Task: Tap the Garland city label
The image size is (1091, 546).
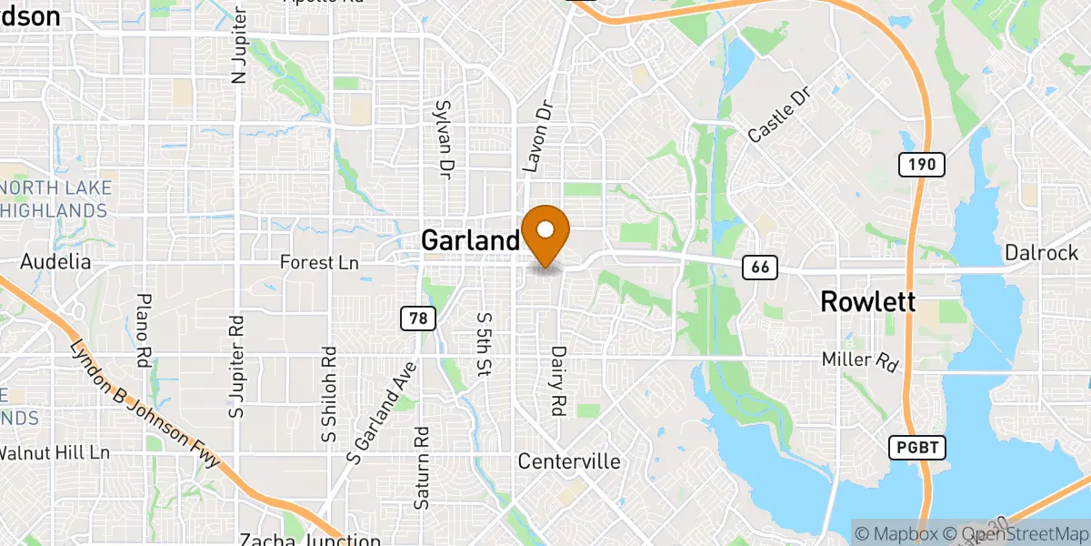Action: pyautogui.click(x=469, y=240)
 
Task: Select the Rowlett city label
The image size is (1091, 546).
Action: pyautogui.click(x=867, y=302)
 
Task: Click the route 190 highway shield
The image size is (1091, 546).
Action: pyautogui.click(x=922, y=165)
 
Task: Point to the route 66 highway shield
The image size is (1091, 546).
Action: pyautogui.click(x=758, y=267)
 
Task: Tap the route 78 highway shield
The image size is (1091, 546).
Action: pyautogui.click(x=418, y=318)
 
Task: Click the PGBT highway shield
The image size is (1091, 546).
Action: pyautogui.click(x=918, y=447)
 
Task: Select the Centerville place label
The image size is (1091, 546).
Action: pyautogui.click(x=569, y=461)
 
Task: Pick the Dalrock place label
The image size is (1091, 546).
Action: pyautogui.click(x=1041, y=253)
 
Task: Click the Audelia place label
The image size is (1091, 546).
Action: pyautogui.click(x=56, y=262)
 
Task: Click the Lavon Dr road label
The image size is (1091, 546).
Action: pyautogui.click(x=537, y=136)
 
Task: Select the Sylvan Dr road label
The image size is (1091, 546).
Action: pyautogui.click(x=445, y=137)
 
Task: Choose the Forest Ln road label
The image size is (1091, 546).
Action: pyautogui.click(x=319, y=263)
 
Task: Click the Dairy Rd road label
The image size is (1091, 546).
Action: pyautogui.click(x=559, y=380)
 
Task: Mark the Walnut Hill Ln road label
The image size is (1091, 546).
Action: pyautogui.click(x=55, y=452)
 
